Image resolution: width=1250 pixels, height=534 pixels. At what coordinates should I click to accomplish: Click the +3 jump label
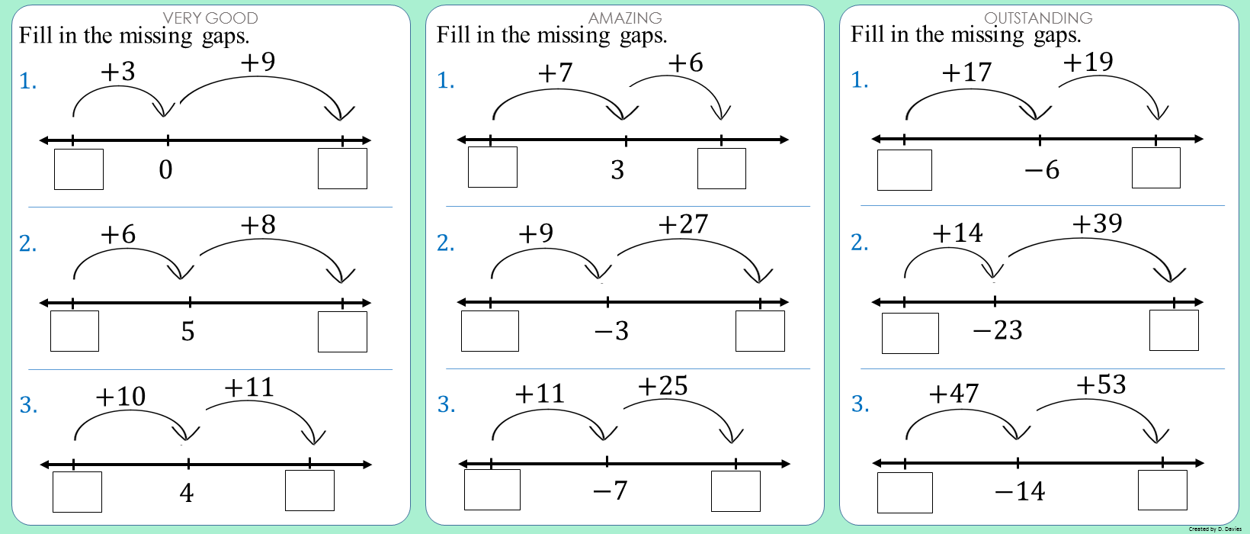tap(117, 72)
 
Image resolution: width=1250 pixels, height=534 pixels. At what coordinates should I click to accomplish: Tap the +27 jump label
tap(683, 224)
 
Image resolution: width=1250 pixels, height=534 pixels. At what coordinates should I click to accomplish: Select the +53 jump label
tap(1101, 384)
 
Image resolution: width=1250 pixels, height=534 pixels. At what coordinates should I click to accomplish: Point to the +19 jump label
tap(1088, 62)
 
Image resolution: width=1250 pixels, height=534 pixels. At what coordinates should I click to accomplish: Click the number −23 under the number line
tap(998, 330)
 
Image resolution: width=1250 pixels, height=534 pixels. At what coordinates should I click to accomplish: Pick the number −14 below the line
tap(1020, 491)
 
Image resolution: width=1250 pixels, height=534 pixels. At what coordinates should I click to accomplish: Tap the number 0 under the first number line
tap(165, 169)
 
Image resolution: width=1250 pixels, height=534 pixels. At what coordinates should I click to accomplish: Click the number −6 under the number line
tap(1042, 169)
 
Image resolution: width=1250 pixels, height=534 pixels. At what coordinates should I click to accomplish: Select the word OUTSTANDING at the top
tap(1039, 18)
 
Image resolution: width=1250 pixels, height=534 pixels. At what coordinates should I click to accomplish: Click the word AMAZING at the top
tap(625, 18)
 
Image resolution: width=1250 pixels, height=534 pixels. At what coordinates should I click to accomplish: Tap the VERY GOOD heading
tap(210, 18)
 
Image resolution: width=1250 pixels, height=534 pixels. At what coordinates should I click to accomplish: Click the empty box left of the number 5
tap(75, 331)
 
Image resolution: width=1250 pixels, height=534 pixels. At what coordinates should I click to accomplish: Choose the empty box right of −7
tap(736, 491)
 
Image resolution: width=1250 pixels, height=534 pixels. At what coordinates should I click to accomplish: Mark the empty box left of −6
tap(905, 170)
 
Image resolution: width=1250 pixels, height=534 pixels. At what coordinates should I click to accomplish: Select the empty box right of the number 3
tap(722, 168)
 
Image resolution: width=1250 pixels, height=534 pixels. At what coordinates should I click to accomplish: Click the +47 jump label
tap(954, 393)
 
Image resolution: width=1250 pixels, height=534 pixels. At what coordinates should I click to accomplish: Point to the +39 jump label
tap(1097, 224)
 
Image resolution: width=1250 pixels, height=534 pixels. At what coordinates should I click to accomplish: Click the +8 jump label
tap(258, 224)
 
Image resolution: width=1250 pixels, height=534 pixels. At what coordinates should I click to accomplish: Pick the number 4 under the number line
tap(187, 493)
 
